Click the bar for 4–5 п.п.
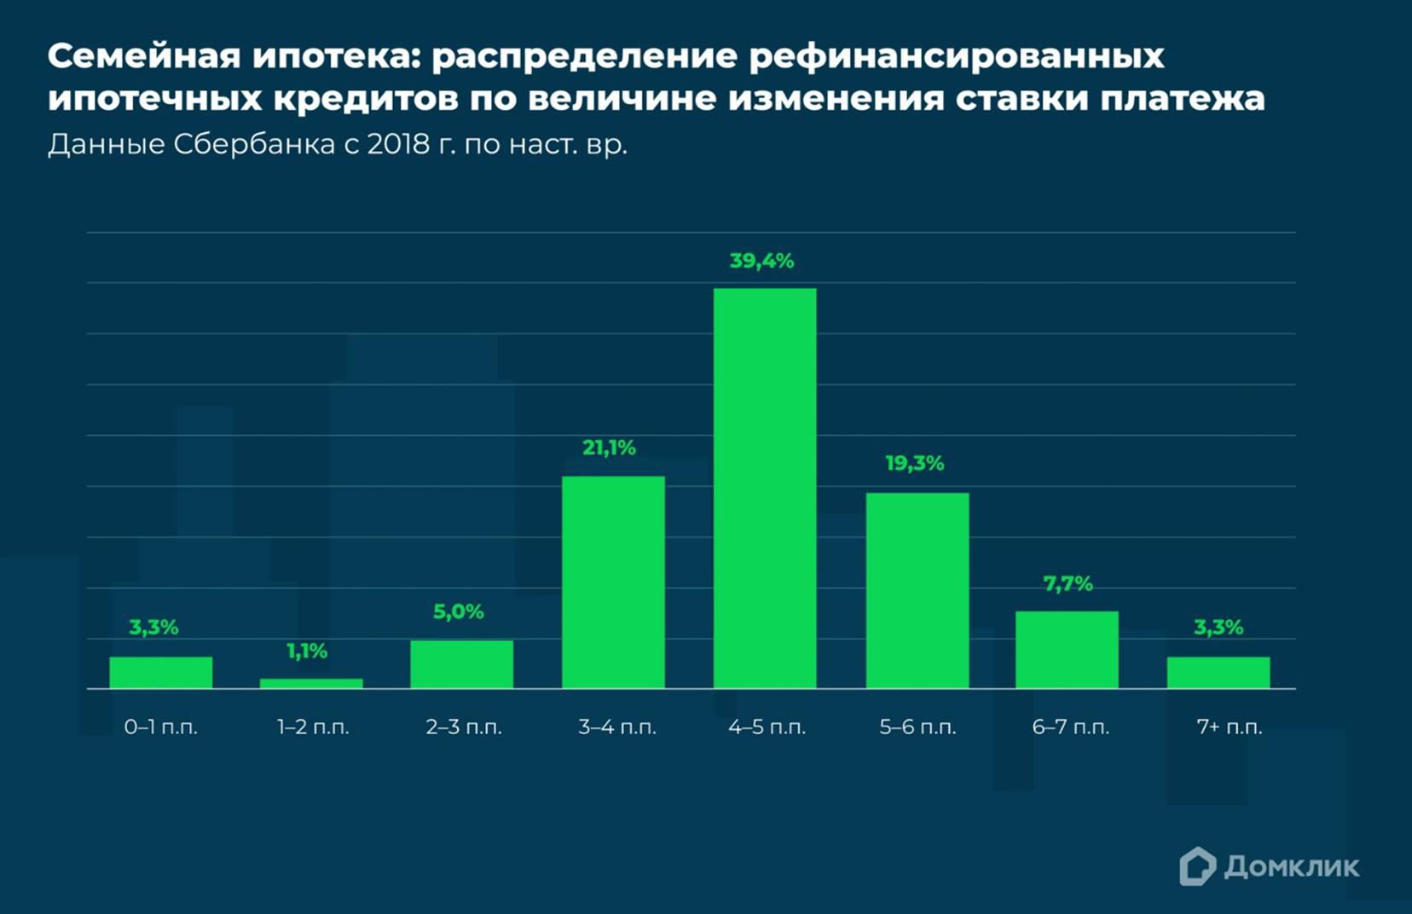click(765, 488)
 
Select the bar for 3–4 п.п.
click(613, 581)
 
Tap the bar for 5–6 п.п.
click(917, 590)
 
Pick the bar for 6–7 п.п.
click(1067, 649)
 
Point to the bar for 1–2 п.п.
click(311, 683)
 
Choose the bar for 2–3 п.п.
click(461, 664)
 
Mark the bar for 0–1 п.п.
click(161, 672)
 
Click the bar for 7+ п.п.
click(1218, 672)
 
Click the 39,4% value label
click(761, 261)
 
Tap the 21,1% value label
click(609, 448)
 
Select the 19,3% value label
click(914, 464)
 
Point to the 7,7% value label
click(1068, 584)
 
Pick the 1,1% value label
click(307, 651)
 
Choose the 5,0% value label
click(458, 611)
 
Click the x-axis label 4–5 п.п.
click(767, 727)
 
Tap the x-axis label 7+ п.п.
click(1229, 727)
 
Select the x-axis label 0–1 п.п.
click(160, 727)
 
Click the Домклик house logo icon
click(1197, 866)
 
